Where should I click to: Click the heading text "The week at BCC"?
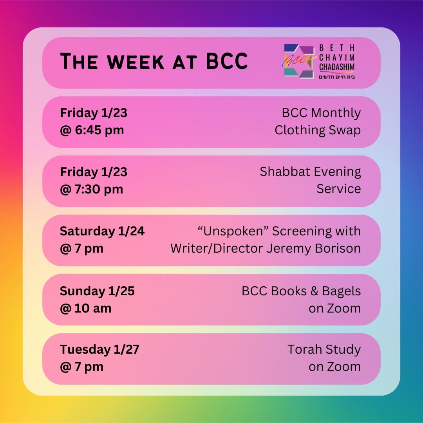point(154,61)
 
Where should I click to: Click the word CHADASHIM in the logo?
point(337,67)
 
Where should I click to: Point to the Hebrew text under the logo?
point(337,76)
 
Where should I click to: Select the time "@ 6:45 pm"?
point(92,130)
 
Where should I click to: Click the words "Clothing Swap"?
point(318,130)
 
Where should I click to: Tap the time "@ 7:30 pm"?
point(91,189)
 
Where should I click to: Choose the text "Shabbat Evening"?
point(310,172)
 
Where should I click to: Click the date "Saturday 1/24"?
point(102,231)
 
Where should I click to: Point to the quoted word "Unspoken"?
point(233,231)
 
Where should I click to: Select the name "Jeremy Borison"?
point(313,248)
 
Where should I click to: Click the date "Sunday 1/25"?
point(97,291)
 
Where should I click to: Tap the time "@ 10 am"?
point(85,308)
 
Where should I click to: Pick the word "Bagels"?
point(341,291)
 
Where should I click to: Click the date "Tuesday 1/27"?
point(99,349)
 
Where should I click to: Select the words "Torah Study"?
point(324,349)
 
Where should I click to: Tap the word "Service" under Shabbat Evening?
point(339,189)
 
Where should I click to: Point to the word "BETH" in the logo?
point(337,48)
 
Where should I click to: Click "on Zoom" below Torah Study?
point(334,367)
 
